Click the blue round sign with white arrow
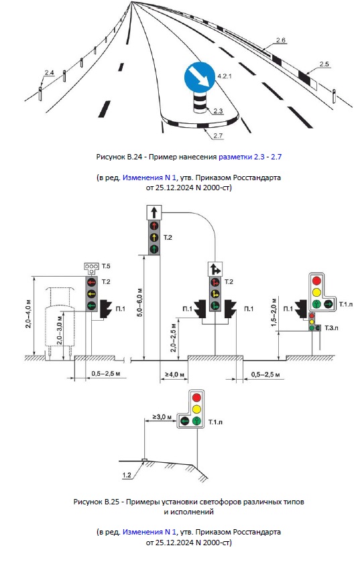coord(199,77)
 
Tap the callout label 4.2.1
coord(225,76)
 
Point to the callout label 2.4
coord(50,73)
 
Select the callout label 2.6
coord(281,40)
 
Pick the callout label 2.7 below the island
coord(218,136)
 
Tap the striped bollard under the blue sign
coord(199,102)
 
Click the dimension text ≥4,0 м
coord(174,374)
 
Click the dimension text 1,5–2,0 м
coord(274,312)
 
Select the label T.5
coord(105,267)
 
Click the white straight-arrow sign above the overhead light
coord(154,212)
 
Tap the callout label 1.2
coord(127,475)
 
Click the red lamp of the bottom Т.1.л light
coord(196,397)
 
